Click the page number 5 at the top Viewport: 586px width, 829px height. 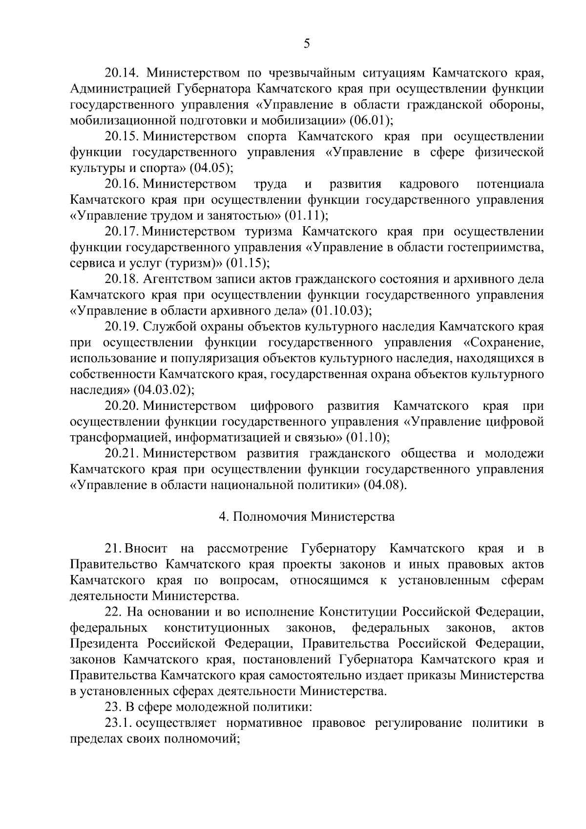point(306,44)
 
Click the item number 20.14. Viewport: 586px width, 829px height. point(122,73)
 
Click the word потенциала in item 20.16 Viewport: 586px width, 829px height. point(510,184)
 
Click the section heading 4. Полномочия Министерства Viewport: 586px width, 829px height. point(306,517)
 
